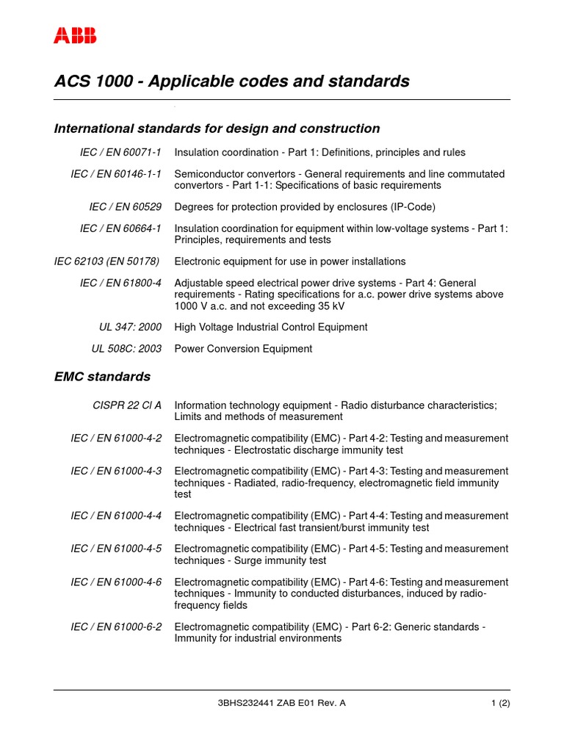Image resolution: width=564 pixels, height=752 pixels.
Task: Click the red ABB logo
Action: click(x=75, y=36)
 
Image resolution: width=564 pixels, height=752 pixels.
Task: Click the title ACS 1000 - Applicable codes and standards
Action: click(x=232, y=81)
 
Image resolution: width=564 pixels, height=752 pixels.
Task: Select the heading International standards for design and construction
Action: click(x=217, y=129)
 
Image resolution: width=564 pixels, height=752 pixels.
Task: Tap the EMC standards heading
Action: click(x=102, y=377)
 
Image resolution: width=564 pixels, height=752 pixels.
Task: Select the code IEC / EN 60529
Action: click(x=125, y=207)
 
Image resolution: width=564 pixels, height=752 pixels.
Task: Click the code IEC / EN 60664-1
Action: click(x=120, y=228)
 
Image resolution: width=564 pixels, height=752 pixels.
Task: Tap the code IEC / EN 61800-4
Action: click(x=120, y=283)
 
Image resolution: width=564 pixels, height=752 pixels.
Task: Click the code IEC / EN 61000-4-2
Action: click(x=116, y=438)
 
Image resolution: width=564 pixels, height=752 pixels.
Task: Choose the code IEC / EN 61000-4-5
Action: click(x=116, y=549)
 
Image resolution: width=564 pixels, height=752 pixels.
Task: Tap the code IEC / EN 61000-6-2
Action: click(x=116, y=626)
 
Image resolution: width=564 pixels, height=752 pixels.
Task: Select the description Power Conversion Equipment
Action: click(x=243, y=349)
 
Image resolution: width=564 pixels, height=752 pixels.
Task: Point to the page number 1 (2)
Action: click(x=500, y=703)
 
